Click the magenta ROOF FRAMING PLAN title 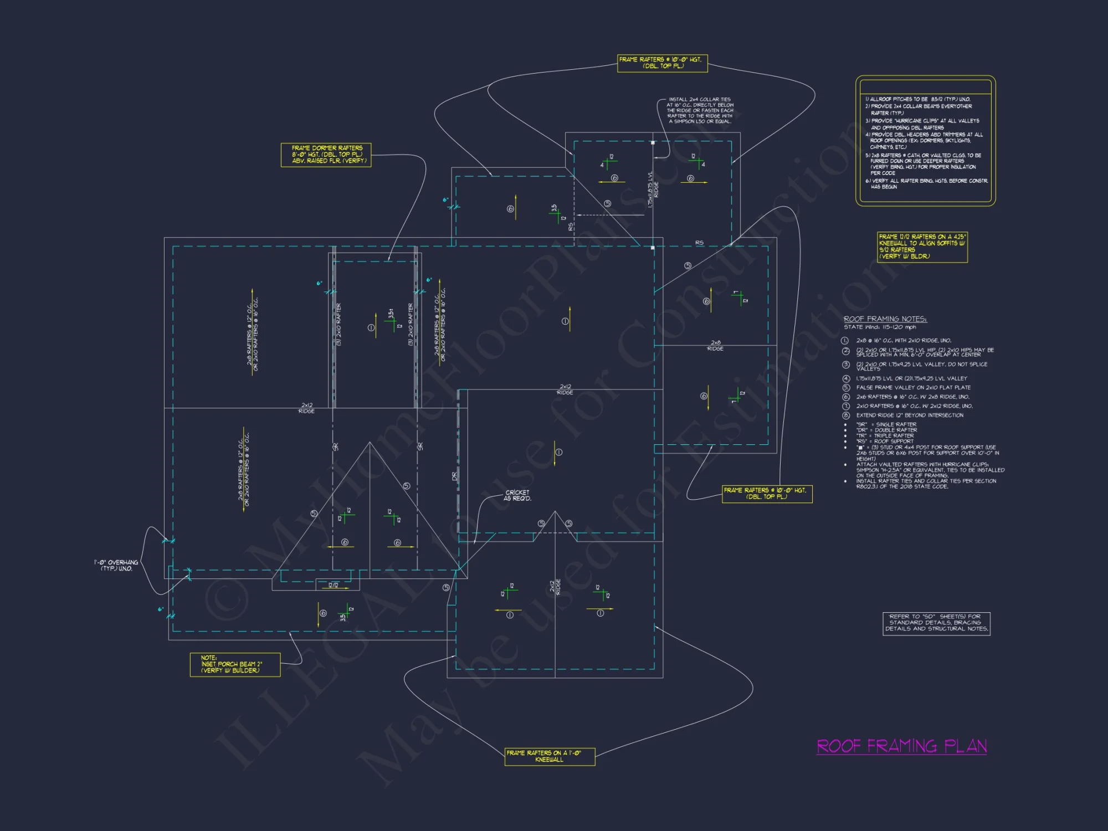click(x=901, y=746)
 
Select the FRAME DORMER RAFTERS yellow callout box click(x=326, y=155)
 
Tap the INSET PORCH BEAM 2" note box click(x=235, y=664)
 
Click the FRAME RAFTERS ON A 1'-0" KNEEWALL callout click(x=550, y=756)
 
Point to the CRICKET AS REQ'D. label click(x=517, y=495)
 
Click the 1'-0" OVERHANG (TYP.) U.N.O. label click(x=116, y=565)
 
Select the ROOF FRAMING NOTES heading click(x=885, y=319)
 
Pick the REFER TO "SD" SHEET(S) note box click(x=936, y=623)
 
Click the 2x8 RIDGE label click(x=715, y=346)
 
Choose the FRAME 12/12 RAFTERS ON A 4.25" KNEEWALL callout click(x=922, y=247)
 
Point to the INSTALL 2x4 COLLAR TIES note click(x=700, y=110)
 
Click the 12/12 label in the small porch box click(x=333, y=585)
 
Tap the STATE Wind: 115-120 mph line click(x=880, y=327)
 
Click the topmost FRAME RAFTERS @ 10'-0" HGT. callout click(x=663, y=63)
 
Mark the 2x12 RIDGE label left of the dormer click(x=306, y=408)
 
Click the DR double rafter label click(x=455, y=476)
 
